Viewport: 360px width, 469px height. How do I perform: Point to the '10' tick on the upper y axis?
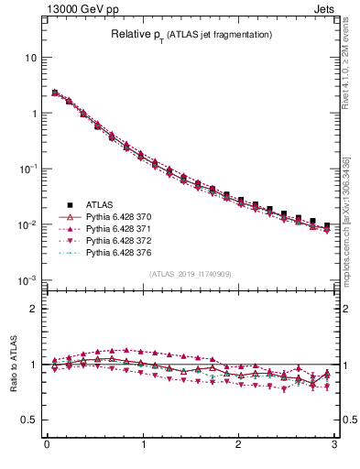(30, 57)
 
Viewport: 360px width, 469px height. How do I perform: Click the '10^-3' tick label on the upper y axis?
(27, 280)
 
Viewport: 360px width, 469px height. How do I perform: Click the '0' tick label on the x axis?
(47, 446)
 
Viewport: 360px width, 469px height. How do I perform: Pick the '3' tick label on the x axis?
(333, 446)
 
